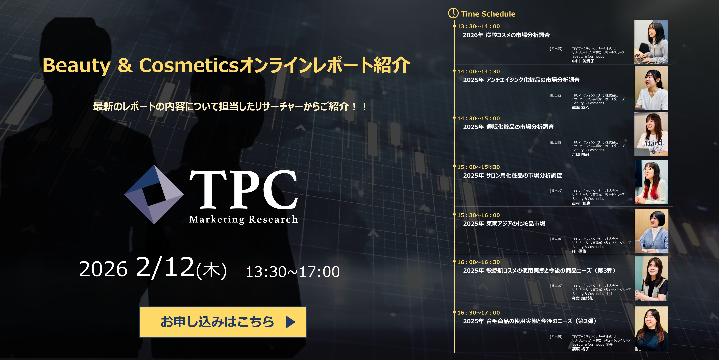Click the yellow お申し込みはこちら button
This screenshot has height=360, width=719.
pyautogui.click(x=222, y=322)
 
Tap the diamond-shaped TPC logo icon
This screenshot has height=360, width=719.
pyautogui.click(x=154, y=194)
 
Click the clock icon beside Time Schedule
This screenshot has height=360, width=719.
pyautogui.click(x=453, y=13)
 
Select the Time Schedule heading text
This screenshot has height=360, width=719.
pyautogui.click(x=488, y=14)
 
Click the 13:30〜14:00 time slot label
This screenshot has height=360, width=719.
pyautogui.click(x=478, y=26)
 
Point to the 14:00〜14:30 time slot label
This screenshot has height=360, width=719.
pyautogui.click(x=478, y=71)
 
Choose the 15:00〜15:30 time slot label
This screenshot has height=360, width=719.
pyautogui.click(x=478, y=167)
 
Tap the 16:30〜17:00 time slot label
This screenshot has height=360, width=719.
pyautogui.click(x=478, y=313)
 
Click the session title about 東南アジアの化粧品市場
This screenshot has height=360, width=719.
pyautogui.click(x=504, y=223)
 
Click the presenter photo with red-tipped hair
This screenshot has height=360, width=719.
pyautogui.click(x=651, y=182)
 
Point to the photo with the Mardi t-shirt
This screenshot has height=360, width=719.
pyautogui.click(x=651, y=134)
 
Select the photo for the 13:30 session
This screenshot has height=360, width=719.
pyautogui.click(x=651, y=42)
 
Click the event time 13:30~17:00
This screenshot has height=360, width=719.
pyautogui.click(x=293, y=272)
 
